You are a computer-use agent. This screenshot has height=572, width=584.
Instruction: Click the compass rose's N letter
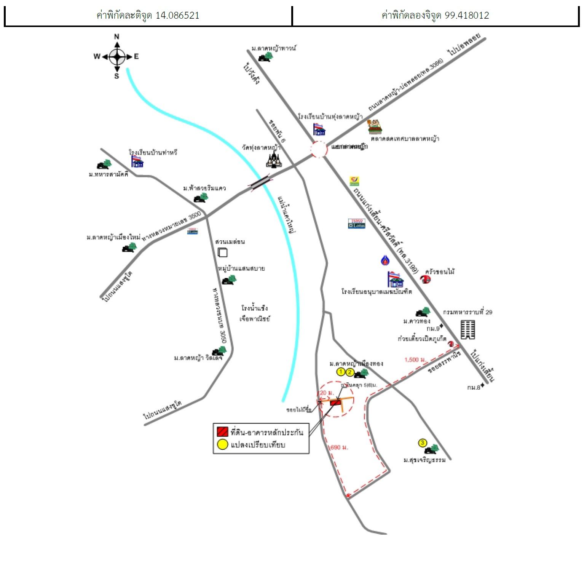pyautogui.click(x=117, y=37)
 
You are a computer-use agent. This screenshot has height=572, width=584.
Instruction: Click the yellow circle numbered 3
pyautogui.click(x=423, y=443)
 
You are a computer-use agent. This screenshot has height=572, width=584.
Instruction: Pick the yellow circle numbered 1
pyautogui.click(x=341, y=372)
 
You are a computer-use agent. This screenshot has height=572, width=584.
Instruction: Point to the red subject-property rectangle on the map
pyautogui.click(x=335, y=403)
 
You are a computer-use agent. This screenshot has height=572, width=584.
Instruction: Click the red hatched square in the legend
pyautogui.click(x=222, y=432)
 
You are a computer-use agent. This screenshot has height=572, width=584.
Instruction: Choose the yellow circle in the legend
pyautogui.click(x=222, y=444)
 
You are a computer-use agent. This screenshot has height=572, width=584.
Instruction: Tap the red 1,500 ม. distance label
pyautogui.click(x=414, y=359)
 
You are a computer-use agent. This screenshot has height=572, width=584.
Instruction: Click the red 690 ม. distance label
pyautogui.click(x=338, y=447)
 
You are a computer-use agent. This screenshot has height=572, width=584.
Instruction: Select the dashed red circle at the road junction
pyautogui.click(x=319, y=149)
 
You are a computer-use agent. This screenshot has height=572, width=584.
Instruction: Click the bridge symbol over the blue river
pyautogui.click(x=260, y=182)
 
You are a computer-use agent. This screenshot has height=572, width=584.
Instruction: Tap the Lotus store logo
pyautogui.click(x=357, y=224)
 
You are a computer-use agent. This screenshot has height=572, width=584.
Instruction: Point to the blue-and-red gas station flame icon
pyautogui.click(x=385, y=260)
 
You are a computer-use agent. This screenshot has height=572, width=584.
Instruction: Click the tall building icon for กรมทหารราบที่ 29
pyautogui.click(x=468, y=329)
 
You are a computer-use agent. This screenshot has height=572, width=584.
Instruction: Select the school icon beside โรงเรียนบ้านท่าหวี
pyautogui.click(x=137, y=162)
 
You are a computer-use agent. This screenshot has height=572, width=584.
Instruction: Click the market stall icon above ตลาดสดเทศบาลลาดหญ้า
pyautogui.click(x=375, y=127)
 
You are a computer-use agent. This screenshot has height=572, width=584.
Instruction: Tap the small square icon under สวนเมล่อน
pyautogui.click(x=222, y=252)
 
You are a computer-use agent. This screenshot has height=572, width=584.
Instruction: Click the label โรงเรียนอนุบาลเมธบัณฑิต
pyautogui.click(x=377, y=292)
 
